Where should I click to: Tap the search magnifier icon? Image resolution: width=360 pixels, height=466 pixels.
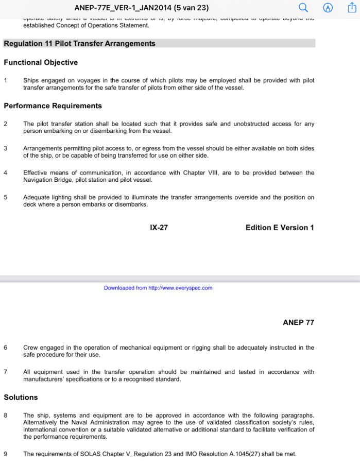click(x=303, y=8)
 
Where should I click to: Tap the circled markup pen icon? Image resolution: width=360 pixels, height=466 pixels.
click(x=328, y=8)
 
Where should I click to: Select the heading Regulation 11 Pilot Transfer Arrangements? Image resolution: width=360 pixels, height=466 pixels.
click(x=79, y=44)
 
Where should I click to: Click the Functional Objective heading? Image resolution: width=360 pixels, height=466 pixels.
click(x=41, y=62)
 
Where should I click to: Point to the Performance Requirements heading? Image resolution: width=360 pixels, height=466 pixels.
click(x=53, y=106)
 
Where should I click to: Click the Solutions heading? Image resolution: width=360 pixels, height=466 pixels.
click(x=21, y=398)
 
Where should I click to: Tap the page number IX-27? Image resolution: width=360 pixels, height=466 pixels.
click(x=159, y=228)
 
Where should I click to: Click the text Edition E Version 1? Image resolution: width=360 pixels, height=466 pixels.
click(x=280, y=228)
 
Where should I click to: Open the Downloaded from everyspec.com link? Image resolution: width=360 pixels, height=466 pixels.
click(x=158, y=288)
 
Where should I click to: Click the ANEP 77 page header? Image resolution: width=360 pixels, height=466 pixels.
click(x=298, y=322)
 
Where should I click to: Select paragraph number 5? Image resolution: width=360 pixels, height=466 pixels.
click(x=6, y=197)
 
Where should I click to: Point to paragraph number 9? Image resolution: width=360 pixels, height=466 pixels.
click(x=6, y=454)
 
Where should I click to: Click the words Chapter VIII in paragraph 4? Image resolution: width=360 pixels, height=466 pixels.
click(x=197, y=173)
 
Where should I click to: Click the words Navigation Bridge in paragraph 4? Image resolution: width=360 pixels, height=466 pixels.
click(x=47, y=180)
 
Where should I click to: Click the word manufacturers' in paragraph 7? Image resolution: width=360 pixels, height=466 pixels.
click(x=44, y=379)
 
